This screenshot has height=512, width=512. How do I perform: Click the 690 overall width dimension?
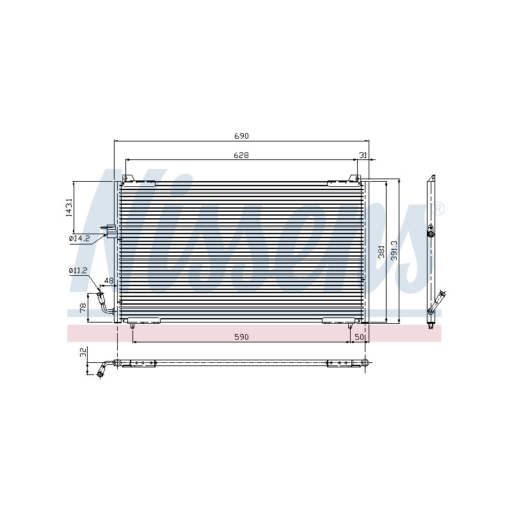[x=241, y=136]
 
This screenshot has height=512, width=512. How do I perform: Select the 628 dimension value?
[x=241, y=155]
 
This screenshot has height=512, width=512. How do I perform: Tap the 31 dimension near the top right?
[x=363, y=156]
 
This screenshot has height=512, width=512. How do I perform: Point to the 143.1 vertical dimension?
[x=69, y=207]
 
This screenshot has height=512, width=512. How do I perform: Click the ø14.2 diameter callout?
[x=79, y=238]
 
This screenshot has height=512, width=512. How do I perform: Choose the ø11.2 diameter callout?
[x=78, y=270]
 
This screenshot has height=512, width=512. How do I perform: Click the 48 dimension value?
[x=108, y=280]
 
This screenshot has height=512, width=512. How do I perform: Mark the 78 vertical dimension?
[x=83, y=308]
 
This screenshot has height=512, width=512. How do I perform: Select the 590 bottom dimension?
[x=241, y=337]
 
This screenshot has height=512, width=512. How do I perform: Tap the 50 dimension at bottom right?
[x=359, y=337]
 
